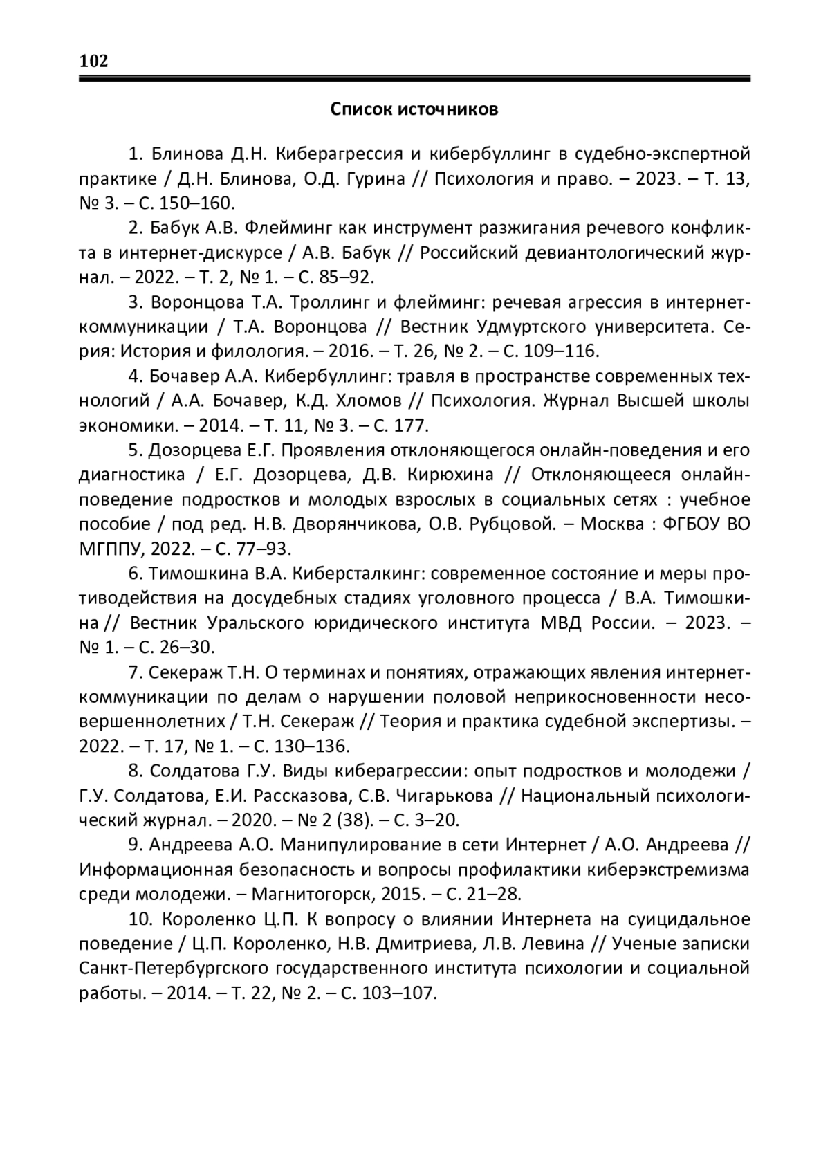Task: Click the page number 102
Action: tap(94, 62)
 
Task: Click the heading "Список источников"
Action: tap(414, 110)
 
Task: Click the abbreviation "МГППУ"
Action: tap(113, 549)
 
